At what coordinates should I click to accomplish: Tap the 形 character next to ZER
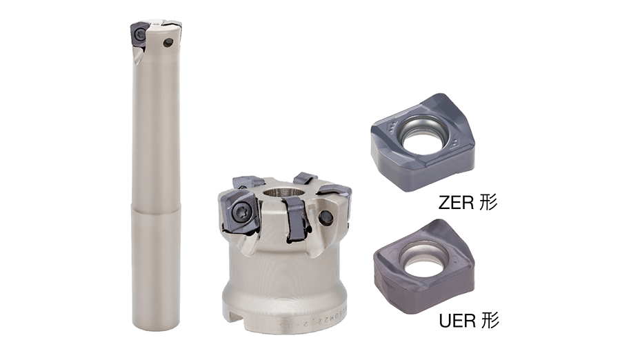click(488, 202)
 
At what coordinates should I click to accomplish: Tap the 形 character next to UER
click(489, 321)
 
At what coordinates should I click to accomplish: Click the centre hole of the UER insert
click(424, 259)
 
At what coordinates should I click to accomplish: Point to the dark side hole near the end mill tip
click(167, 41)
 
